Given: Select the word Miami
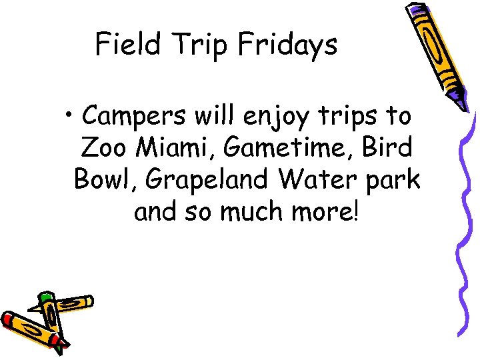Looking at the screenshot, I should pos(175,147).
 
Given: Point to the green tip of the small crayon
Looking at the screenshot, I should pos(45,296).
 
